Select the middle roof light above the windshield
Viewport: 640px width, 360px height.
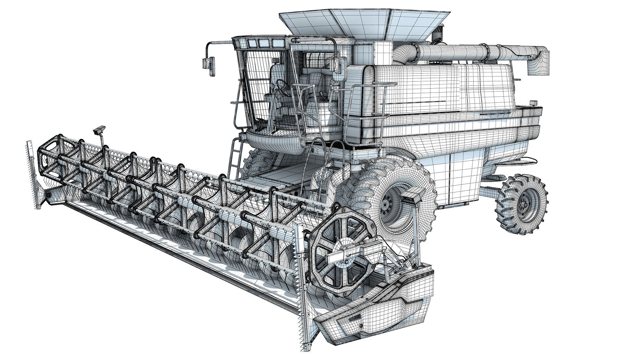(263, 43)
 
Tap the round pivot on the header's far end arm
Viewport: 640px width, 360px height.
(48, 195)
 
